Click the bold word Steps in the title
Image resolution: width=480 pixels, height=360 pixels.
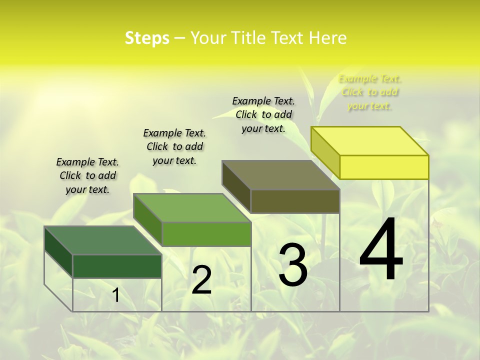(147, 38)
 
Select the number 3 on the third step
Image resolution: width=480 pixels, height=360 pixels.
(293, 265)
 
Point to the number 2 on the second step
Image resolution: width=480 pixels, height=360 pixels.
(202, 280)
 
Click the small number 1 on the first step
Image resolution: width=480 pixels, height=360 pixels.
(115, 295)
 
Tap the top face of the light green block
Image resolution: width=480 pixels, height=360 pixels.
(192, 207)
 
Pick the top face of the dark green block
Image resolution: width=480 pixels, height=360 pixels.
(103, 240)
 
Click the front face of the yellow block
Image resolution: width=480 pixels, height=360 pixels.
(384, 167)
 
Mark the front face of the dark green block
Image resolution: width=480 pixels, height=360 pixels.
(117, 266)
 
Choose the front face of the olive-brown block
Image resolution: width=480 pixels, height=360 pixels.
(295, 201)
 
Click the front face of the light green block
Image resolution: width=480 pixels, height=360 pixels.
(206, 234)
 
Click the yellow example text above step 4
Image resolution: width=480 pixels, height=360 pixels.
(369, 92)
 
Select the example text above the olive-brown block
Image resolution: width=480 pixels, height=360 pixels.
(263, 114)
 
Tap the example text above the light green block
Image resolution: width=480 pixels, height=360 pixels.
(174, 146)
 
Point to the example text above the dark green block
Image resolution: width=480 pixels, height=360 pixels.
(87, 175)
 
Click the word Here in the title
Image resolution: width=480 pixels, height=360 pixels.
(327, 38)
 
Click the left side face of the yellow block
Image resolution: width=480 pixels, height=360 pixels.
(325, 150)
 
